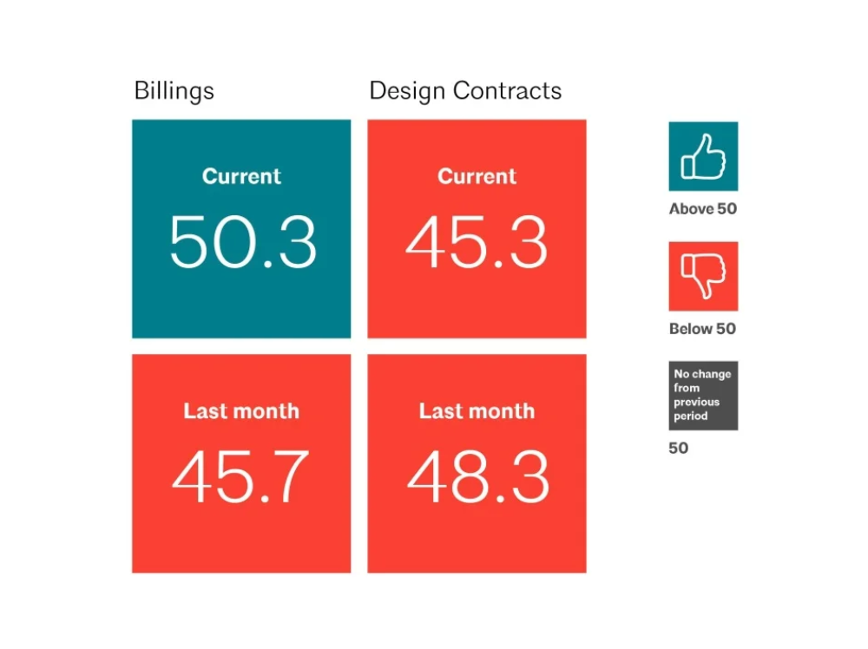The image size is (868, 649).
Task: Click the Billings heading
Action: click(174, 91)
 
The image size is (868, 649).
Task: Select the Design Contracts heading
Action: click(465, 91)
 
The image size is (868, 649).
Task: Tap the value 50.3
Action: click(243, 242)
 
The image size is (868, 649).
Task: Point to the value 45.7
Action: click(240, 476)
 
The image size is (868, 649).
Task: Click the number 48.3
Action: click(477, 476)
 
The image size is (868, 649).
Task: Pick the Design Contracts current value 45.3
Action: click(477, 242)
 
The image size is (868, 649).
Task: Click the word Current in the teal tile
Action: click(241, 176)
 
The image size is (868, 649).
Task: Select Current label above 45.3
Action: click(477, 176)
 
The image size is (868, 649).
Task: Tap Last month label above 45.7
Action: click(241, 411)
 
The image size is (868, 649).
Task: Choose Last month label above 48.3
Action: click(477, 411)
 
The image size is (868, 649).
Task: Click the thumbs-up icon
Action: click(703, 156)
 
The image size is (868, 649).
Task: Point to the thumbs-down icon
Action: click(703, 276)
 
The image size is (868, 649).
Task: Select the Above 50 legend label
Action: click(703, 208)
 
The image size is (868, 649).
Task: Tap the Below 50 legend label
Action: click(702, 329)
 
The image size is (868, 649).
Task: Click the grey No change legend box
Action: click(703, 396)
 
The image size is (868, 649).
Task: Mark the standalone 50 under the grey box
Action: click(679, 449)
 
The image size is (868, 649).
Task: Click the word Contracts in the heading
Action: click(508, 91)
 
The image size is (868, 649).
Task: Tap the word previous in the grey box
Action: click(696, 403)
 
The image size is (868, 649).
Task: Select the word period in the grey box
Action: click(690, 416)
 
